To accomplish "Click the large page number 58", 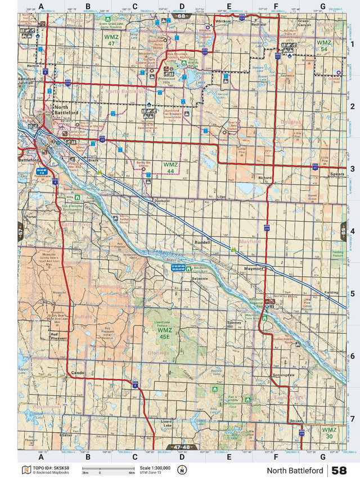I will [339, 470].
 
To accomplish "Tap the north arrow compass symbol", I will [182, 470].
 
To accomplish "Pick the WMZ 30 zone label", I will [329, 433].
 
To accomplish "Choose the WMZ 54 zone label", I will [324, 46].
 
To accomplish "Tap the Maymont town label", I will [254, 269].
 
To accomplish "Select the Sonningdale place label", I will [281, 374].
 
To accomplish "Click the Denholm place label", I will [162, 200].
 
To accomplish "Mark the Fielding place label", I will [331, 293].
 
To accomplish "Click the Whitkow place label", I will [223, 21].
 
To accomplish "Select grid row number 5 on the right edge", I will [352, 293].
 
